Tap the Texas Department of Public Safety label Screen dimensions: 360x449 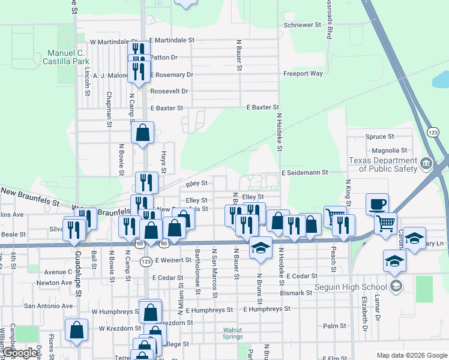tap(383, 164)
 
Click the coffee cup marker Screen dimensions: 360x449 tap(376, 203)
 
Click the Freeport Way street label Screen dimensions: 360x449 tap(303, 74)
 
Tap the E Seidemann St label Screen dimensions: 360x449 tap(305, 172)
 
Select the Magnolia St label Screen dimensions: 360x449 tap(390, 150)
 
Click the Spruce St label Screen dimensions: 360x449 tap(379, 137)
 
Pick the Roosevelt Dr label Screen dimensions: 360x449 tap(169, 91)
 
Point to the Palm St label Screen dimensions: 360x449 tap(331, 326)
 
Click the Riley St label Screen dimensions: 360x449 tap(196, 184)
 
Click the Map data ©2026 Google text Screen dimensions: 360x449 tap(411, 355)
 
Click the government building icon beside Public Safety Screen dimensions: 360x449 tap(426, 163)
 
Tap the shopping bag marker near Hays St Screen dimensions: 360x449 tap(143, 133)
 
